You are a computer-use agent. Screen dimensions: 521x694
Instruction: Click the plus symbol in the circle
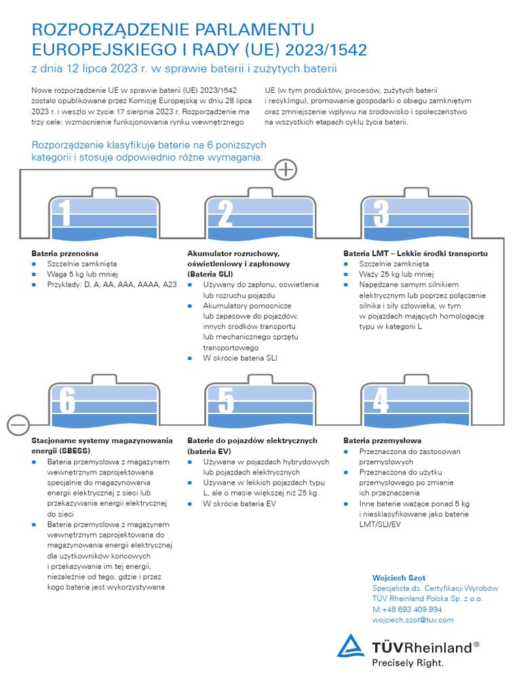coord(286,169)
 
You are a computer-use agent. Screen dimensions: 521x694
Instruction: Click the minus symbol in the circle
coord(18,425)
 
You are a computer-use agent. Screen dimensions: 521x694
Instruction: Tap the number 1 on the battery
coord(65,213)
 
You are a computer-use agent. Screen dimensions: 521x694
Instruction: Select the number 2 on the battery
coord(225,213)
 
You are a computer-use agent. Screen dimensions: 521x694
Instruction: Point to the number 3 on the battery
coord(381,213)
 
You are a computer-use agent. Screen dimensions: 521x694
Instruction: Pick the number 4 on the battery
coord(381,400)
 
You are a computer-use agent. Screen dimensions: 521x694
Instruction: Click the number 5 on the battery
coord(225,400)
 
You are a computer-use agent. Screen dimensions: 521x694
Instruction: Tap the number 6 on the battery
coord(67,400)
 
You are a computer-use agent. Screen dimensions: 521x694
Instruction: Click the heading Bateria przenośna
coord(64,253)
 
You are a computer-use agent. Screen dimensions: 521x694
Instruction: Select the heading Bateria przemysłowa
coord(383,441)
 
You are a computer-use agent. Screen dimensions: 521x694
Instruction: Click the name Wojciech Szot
coord(399,578)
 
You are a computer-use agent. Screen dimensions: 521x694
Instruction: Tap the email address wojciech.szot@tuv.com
coord(413,620)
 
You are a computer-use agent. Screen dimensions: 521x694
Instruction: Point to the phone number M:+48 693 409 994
coord(407,609)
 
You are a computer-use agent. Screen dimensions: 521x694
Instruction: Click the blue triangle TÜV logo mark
coord(351,646)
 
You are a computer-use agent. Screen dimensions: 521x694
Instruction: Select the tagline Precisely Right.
coord(408,663)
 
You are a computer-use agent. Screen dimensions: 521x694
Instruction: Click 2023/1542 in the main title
coord(326,50)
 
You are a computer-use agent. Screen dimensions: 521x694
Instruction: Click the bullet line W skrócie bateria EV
coord(239,504)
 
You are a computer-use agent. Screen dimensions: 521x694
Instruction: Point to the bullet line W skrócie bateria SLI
coord(240,358)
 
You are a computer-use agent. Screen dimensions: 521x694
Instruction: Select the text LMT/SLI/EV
coord(380,525)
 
